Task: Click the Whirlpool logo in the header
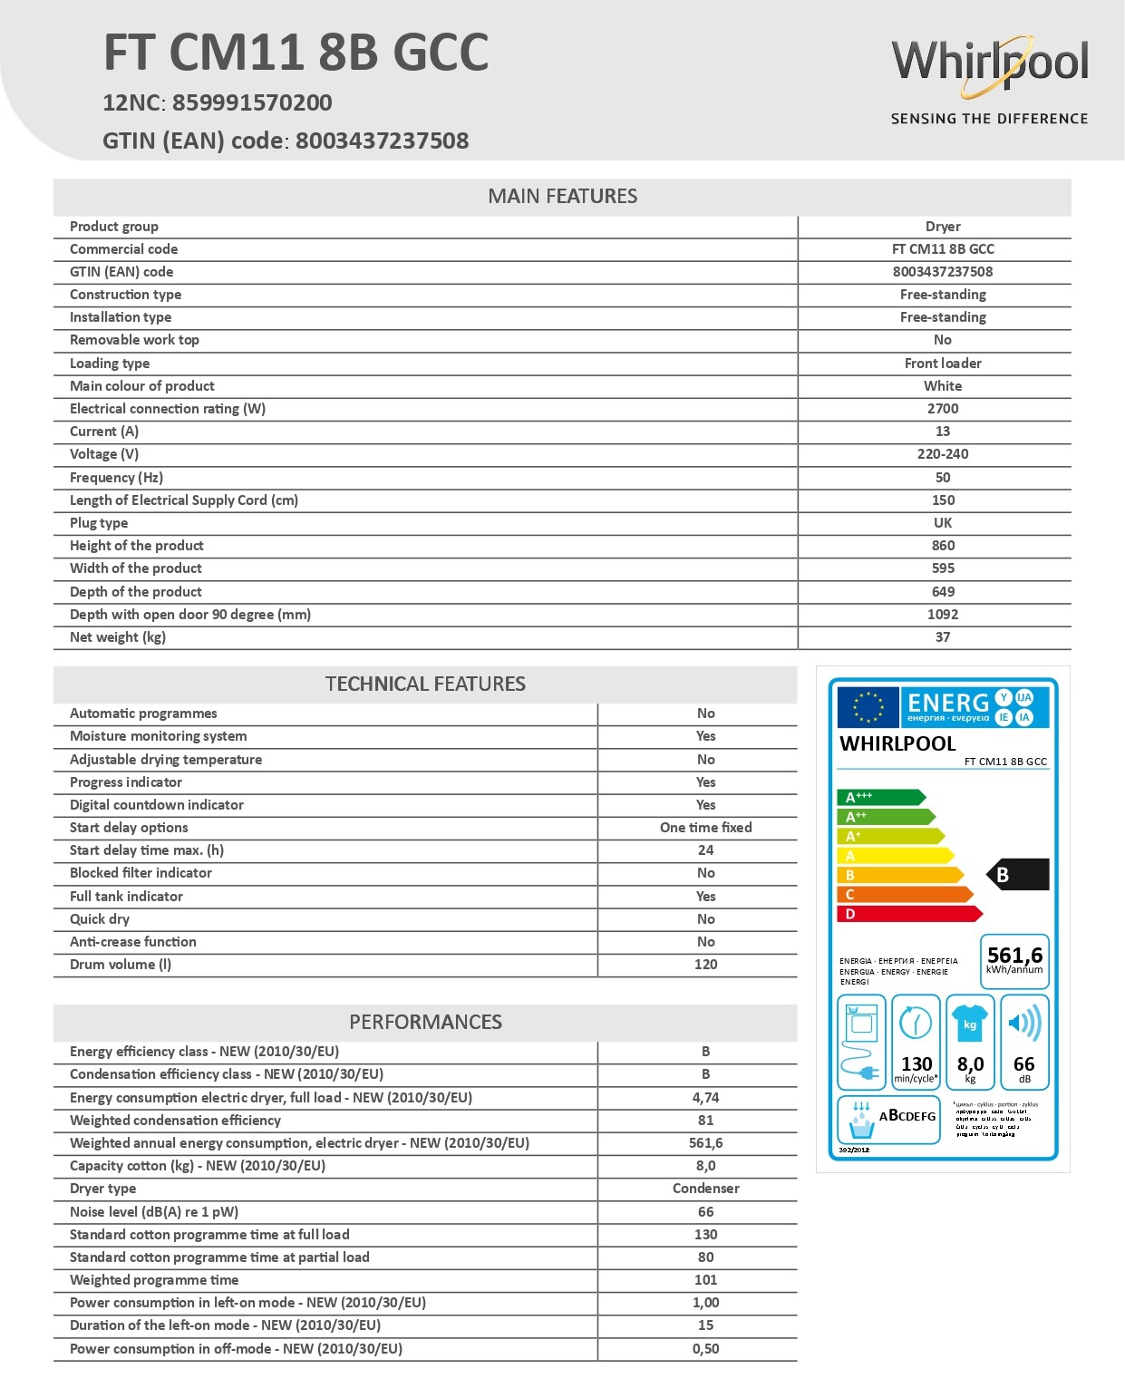(x=989, y=64)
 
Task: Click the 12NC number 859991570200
(x=252, y=102)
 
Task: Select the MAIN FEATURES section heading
(x=562, y=197)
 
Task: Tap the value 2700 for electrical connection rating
(x=943, y=409)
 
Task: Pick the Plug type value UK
(x=943, y=523)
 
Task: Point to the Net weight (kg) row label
(x=118, y=637)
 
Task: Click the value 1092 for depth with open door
(x=943, y=615)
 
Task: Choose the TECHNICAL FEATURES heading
(x=425, y=684)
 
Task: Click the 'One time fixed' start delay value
(x=705, y=828)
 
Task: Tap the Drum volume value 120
(x=705, y=965)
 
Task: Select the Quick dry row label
(x=100, y=919)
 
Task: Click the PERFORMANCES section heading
(x=425, y=1023)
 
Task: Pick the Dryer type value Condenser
(x=705, y=1189)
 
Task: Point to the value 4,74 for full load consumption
(x=705, y=1098)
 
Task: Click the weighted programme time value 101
(x=705, y=1280)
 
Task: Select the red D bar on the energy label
(x=907, y=914)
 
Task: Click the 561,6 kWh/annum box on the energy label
(x=1014, y=960)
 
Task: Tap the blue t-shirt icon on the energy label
(x=970, y=1022)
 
